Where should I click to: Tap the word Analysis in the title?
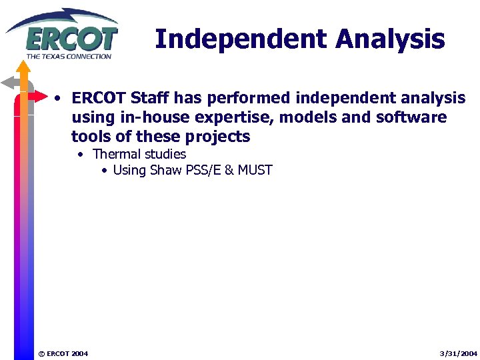point(389,39)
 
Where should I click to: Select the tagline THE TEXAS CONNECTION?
point(69,57)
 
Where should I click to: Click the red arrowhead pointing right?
point(41,97)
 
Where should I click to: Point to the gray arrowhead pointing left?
point(9,83)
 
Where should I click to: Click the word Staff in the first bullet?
point(149,98)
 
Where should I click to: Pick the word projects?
point(219,137)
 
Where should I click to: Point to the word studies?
point(167,154)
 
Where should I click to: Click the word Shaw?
point(166,170)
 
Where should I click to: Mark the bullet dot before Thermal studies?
point(79,155)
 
